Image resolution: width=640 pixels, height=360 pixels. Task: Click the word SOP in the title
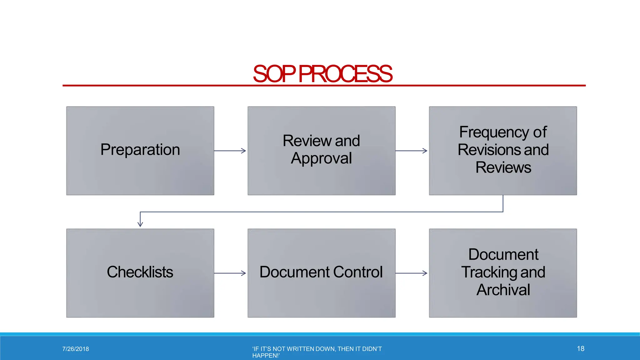274,74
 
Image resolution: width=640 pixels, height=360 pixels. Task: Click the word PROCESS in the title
345,74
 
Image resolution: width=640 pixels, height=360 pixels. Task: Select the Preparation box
140,151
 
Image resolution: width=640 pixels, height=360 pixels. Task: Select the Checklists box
140,273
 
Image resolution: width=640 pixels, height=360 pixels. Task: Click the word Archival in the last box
503,290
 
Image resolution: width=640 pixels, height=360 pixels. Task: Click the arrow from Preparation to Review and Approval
230,151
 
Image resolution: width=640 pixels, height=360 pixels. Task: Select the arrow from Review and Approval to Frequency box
412,151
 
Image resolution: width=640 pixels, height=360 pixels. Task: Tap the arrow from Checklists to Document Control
230,273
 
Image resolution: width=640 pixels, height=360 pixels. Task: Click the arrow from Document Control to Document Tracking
412,273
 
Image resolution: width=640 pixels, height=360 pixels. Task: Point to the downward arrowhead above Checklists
140,224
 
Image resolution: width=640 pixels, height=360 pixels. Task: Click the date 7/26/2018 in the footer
76,349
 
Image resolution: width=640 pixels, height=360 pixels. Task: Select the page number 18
580,348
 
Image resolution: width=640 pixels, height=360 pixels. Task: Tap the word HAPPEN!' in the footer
266,356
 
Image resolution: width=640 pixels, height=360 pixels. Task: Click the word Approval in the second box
321,158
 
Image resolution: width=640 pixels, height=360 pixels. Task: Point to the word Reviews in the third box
503,167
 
